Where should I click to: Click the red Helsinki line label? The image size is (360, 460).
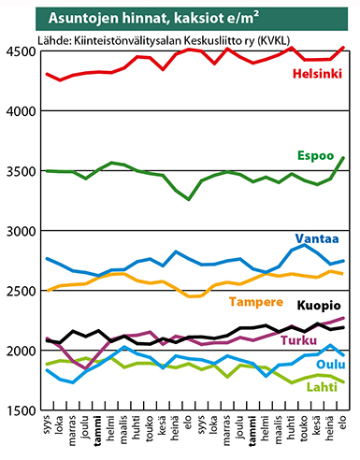pyautogui.click(x=317, y=74)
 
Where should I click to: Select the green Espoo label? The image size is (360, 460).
pyautogui.click(x=315, y=156)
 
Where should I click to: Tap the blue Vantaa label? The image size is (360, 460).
pyautogui.click(x=317, y=238)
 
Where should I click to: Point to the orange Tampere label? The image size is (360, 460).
pyautogui.click(x=256, y=302)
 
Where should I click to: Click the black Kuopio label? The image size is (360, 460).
pyautogui.click(x=319, y=306)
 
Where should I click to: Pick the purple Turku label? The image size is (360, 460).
pyautogui.click(x=299, y=340)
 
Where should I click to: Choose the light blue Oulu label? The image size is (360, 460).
pyautogui.click(x=331, y=365)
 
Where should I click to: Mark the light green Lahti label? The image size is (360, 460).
pyautogui.click(x=322, y=387)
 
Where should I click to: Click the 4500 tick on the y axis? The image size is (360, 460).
pyautogui.click(x=22, y=51)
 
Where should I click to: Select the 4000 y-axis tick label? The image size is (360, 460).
pyautogui.click(x=22, y=111)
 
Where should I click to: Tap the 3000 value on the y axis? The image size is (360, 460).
pyautogui.click(x=22, y=231)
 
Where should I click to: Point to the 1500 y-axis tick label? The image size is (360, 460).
pyautogui.click(x=22, y=410)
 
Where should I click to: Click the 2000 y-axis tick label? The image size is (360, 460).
pyautogui.click(x=22, y=351)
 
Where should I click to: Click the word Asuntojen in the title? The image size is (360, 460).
pyautogui.click(x=83, y=19)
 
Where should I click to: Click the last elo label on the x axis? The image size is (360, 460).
pyautogui.click(x=343, y=422)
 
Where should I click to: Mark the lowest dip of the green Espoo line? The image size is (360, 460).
pyautogui.click(x=189, y=199)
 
